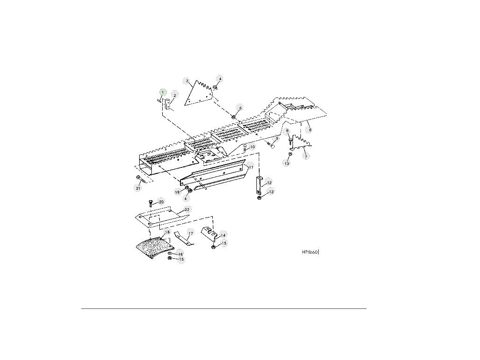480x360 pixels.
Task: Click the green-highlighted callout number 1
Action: click(x=163, y=92)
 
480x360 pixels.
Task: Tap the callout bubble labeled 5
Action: click(x=240, y=108)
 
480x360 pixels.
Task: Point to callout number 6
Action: click(x=309, y=129)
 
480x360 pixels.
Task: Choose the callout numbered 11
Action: click(x=251, y=167)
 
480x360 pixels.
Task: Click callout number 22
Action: click(x=186, y=209)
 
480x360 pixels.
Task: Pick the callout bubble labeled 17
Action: click(x=190, y=233)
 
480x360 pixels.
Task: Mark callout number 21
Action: click(x=138, y=188)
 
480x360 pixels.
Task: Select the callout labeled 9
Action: click(x=277, y=138)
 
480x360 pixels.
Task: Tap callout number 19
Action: click(x=178, y=192)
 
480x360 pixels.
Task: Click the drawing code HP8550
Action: click(x=310, y=252)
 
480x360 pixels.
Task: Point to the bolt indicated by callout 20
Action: click(x=150, y=203)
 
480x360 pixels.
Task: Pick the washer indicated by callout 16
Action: click(x=170, y=254)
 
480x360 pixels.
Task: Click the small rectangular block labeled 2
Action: click(x=167, y=104)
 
